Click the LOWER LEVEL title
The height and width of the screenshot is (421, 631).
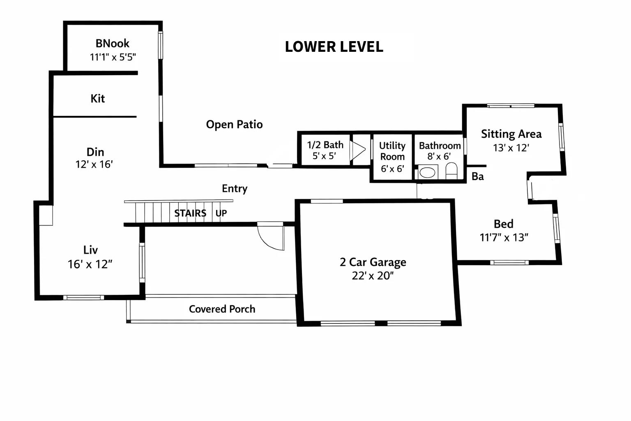[334, 46]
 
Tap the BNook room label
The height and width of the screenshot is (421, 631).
[112, 43]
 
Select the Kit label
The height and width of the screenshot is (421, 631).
[98, 98]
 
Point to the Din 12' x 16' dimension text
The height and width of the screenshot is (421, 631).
[94, 164]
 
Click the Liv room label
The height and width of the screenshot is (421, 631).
[90, 250]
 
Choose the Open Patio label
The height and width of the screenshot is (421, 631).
[234, 124]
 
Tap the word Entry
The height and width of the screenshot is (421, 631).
[235, 188]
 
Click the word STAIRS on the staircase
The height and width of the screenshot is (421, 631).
[190, 213]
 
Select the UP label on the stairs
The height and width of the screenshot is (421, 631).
[221, 213]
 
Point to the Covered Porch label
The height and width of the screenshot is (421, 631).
[222, 309]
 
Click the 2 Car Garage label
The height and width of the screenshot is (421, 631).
[373, 262]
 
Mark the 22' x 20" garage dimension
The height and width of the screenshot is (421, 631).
[373, 275]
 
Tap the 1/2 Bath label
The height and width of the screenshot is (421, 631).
[325, 145]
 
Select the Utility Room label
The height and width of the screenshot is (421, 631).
[392, 151]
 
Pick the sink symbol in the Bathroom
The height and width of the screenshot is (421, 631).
[427, 172]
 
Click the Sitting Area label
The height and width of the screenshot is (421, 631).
[511, 134]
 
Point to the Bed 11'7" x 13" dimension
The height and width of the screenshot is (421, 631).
[504, 237]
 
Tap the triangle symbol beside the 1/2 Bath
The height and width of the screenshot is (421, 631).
[357, 149]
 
